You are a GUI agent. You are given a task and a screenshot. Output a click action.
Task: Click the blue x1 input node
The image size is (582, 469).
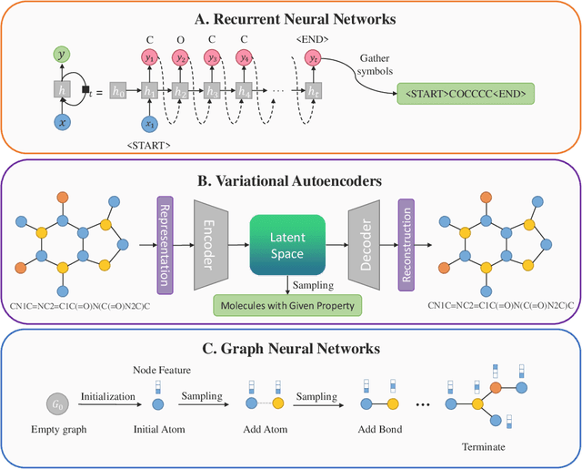150,124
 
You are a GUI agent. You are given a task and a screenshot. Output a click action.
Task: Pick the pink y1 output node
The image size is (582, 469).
150,57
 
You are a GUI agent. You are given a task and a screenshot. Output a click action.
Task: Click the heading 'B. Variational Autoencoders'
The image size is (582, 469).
290,178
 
